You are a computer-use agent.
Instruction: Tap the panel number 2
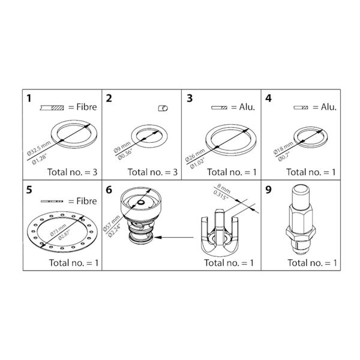tap(109, 97)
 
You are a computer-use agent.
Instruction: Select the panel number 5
tap(28, 190)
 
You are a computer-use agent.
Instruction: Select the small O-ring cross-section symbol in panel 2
tap(162, 108)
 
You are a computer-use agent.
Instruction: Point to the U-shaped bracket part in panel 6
tap(221, 234)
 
